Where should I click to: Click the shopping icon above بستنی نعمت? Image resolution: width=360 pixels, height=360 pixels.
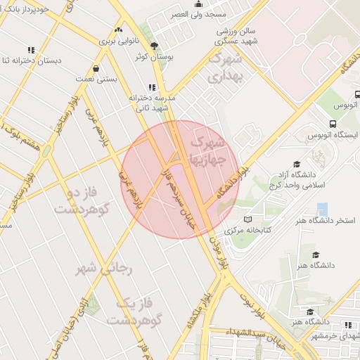96,69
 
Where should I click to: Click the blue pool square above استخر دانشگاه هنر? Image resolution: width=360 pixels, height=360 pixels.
323,210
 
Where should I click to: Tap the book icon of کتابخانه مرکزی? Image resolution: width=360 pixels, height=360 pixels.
228,231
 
